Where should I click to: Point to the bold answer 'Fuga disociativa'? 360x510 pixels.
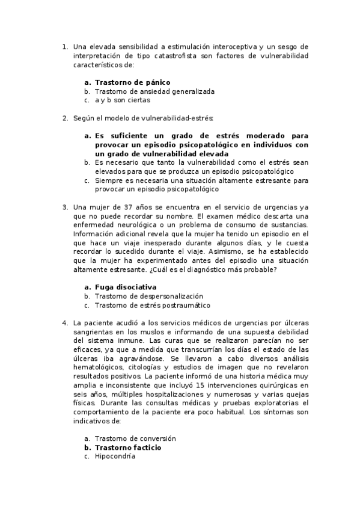click(x=126, y=287)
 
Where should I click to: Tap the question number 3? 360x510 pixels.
click(x=65, y=207)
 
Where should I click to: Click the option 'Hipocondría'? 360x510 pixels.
click(x=115, y=456)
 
